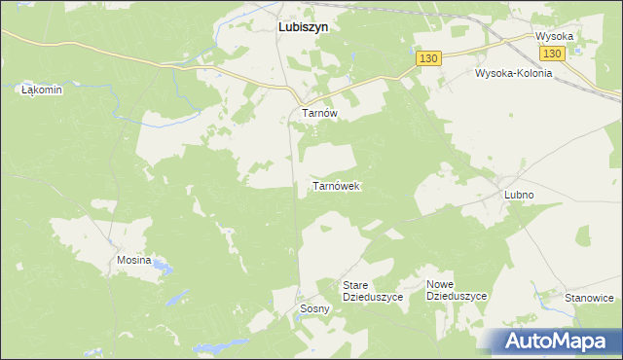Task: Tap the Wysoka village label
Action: click(554, 36)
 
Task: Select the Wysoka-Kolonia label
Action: click(513, 73)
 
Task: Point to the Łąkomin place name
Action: click(42, 90)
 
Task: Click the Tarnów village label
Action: click(319, 113)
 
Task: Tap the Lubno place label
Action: click(519, 195)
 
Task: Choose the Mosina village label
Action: click(134, 261)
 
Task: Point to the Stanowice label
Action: click(589, 298)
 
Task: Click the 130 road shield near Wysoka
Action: click(552, 54)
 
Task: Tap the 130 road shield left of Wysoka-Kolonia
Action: click(429, 58)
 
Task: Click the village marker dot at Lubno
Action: click(500, 182)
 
